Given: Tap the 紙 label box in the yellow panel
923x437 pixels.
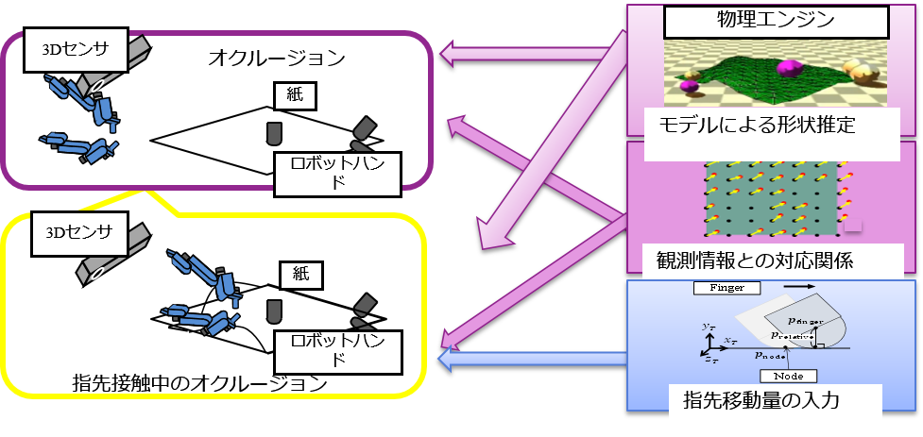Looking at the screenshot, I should (301, 276).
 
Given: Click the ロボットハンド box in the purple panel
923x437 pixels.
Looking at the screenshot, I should (336, 171).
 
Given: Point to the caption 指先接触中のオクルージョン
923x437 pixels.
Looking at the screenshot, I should (199, 384).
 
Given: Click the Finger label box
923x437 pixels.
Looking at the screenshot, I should (726, 286).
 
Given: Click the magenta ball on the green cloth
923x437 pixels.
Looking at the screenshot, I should (787, 69).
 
